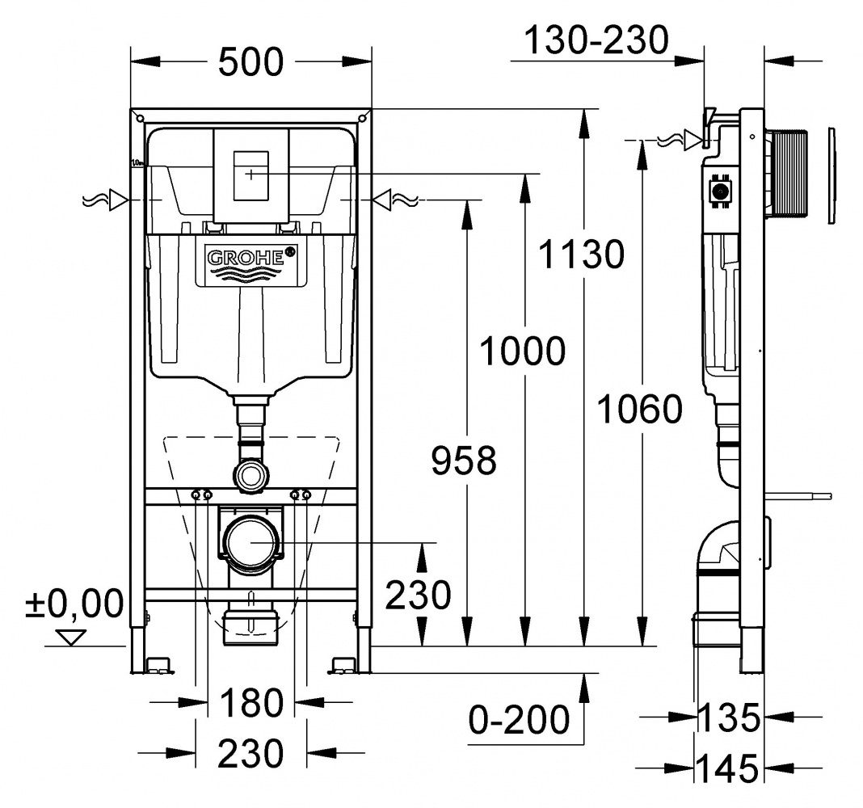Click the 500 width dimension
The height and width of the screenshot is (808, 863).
(x=251, y=61)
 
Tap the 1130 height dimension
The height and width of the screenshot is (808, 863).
(x=581, y=254)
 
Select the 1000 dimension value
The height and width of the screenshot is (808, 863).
(x=523, y=351)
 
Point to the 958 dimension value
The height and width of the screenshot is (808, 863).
(x=464, y=461)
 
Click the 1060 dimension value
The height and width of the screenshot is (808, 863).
(x=639, y=409)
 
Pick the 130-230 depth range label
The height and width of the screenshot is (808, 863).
(x=596, y=40)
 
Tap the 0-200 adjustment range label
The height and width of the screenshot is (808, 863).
(x=519, y=719)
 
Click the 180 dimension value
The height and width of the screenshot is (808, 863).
(x=251, y=703)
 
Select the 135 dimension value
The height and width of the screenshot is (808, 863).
(x=729, y=718)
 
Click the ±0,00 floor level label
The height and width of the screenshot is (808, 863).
(x=75, y=604)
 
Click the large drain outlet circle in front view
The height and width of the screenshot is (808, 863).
(x=251, y=542)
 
